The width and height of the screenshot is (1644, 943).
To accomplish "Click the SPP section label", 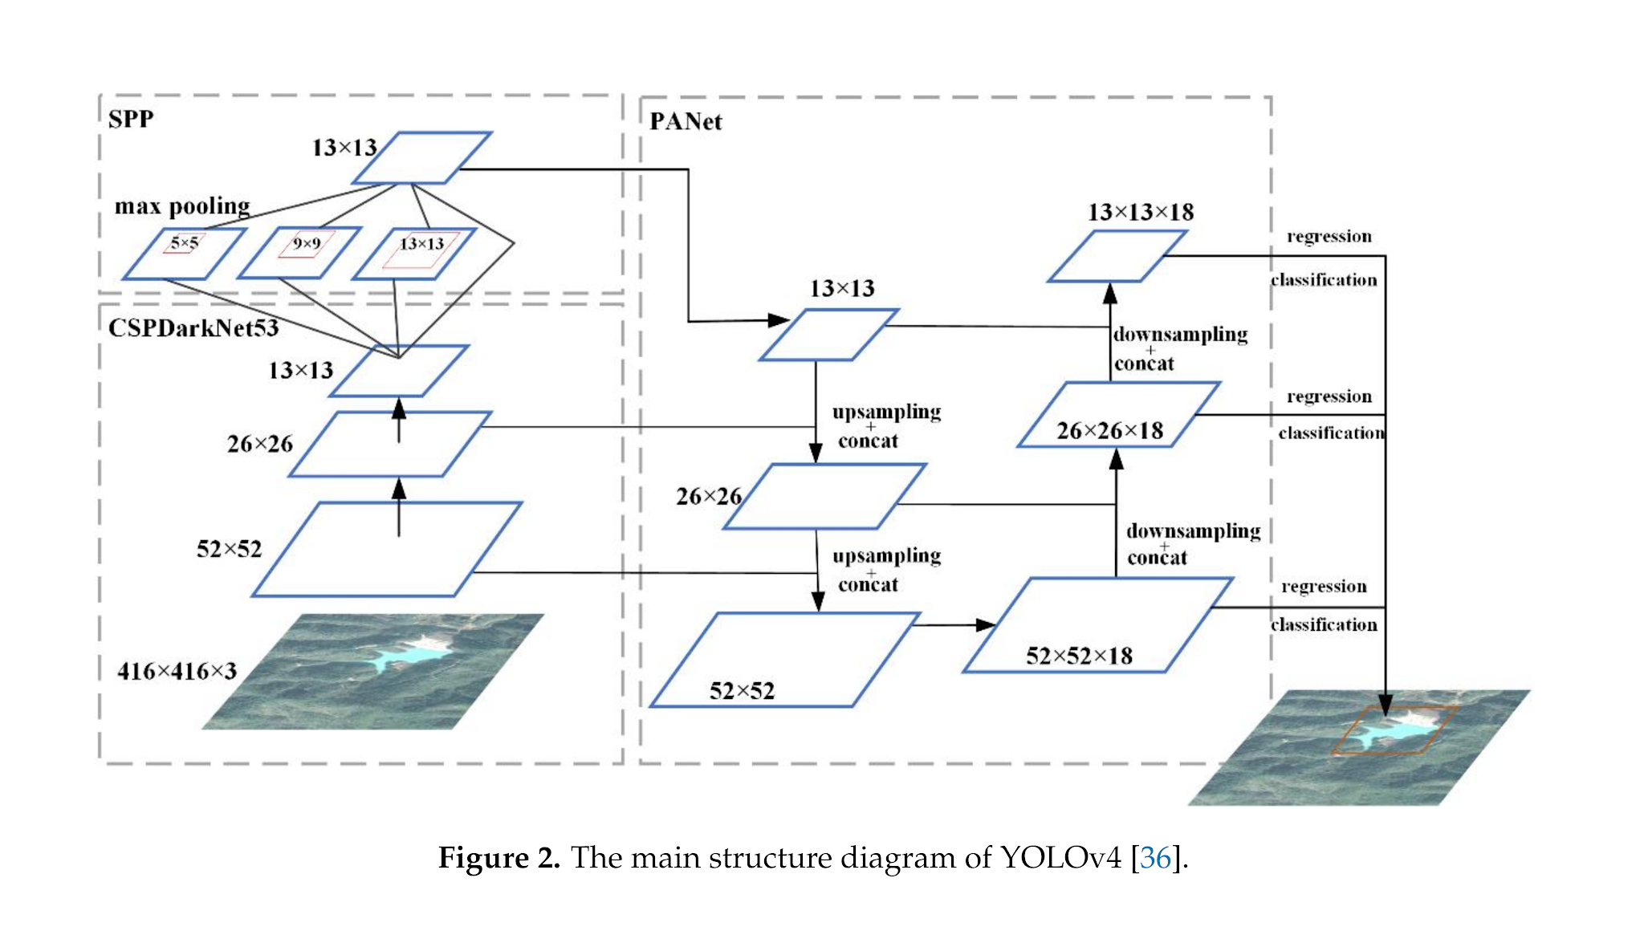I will pos(131,120).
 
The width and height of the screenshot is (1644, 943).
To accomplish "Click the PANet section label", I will pos(686,122).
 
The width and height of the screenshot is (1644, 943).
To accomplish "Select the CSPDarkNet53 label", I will pos(193,328).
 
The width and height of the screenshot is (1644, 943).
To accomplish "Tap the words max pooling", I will pos(182,206).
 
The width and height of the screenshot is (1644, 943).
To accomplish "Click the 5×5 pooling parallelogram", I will pos(184,254).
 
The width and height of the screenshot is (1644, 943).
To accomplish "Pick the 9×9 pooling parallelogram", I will pos(299,254).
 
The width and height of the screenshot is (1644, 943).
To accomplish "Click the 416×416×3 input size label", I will pos(177,672).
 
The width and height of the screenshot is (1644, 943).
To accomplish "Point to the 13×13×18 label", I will pos(1141,213).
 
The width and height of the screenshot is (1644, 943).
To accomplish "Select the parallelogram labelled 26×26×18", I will pos(1118,415).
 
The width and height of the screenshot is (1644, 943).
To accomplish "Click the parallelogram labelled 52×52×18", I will pos(1097,625).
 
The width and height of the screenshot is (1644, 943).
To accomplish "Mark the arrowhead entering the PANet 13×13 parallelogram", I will pos(779,320).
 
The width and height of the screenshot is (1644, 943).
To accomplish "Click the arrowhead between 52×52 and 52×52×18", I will pos(986,624).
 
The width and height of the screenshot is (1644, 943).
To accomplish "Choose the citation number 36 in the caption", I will pos(1155,858).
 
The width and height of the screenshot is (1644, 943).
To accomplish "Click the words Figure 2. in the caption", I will pos(498,858).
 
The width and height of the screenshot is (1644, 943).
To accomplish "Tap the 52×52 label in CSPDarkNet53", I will pos(230,550).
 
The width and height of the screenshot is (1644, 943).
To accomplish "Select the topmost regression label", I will pos(1329,237).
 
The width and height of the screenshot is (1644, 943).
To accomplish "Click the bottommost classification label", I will pos(1324,625).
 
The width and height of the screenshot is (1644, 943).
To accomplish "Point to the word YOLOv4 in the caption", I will pos(1060,858).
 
